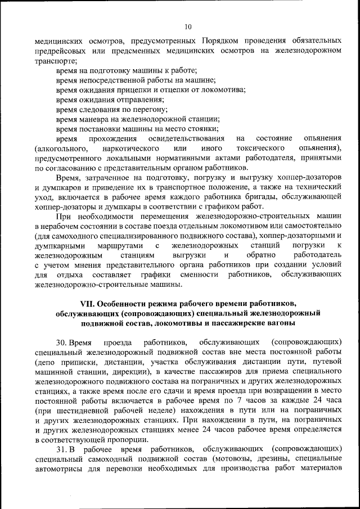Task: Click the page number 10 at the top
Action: [x=188, y=26]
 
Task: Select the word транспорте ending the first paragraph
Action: [x=55, y=61]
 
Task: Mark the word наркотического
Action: [x=130, y=148]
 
